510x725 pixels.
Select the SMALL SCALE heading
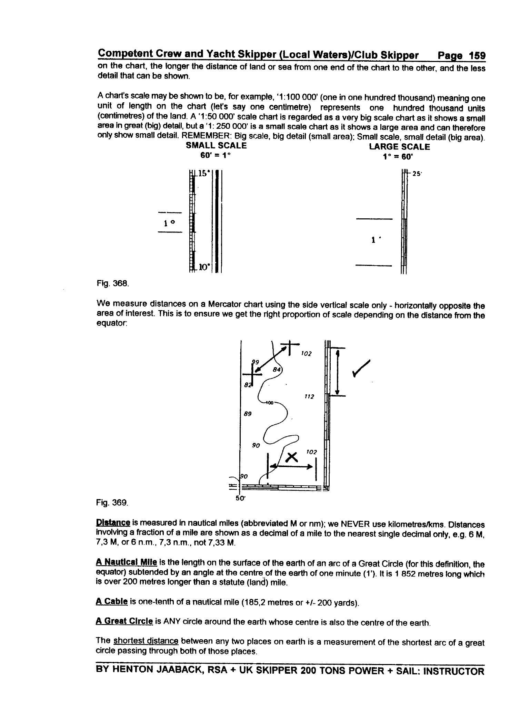[216, 146]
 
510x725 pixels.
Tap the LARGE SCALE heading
[399, 147]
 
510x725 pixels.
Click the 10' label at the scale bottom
[204, 267]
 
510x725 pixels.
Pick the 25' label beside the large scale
[417, 174]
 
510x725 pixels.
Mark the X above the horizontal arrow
[292, 457]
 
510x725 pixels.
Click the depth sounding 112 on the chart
[309, 397]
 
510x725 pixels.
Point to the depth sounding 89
[248, 414]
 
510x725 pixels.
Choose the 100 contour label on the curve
[269, 403]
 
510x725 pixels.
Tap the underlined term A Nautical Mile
[126, 562]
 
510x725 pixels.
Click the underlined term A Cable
[112, 602]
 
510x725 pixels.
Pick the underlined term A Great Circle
[124, 621]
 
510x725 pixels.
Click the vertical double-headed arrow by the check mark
[338, 372]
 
